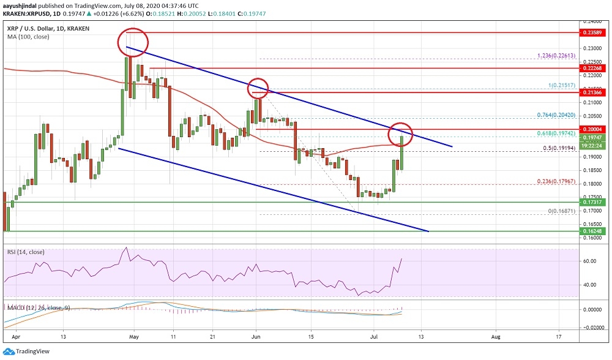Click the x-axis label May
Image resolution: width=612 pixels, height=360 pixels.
tap(135, 337)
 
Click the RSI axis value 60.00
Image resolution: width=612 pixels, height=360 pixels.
tap(589, 261)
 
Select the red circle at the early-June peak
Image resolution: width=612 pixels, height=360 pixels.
tap(258, 89)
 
